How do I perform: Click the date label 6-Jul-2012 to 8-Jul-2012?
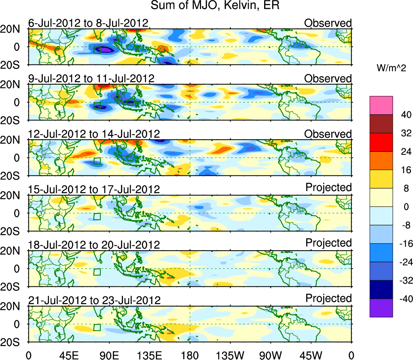point(88,23)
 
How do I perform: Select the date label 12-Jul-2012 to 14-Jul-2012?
point(94,134)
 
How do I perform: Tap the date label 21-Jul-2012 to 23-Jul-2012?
point(94,300)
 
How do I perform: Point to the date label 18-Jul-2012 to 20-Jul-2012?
point(94,245)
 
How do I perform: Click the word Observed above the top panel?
point(328,23)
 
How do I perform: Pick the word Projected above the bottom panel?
point(328,298)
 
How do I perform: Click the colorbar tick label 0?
point(405,207)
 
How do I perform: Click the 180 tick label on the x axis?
point(190,355)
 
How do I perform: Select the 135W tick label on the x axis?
point(230,355)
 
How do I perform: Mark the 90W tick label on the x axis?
point(270,355)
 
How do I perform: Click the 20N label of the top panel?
point(13,29)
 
